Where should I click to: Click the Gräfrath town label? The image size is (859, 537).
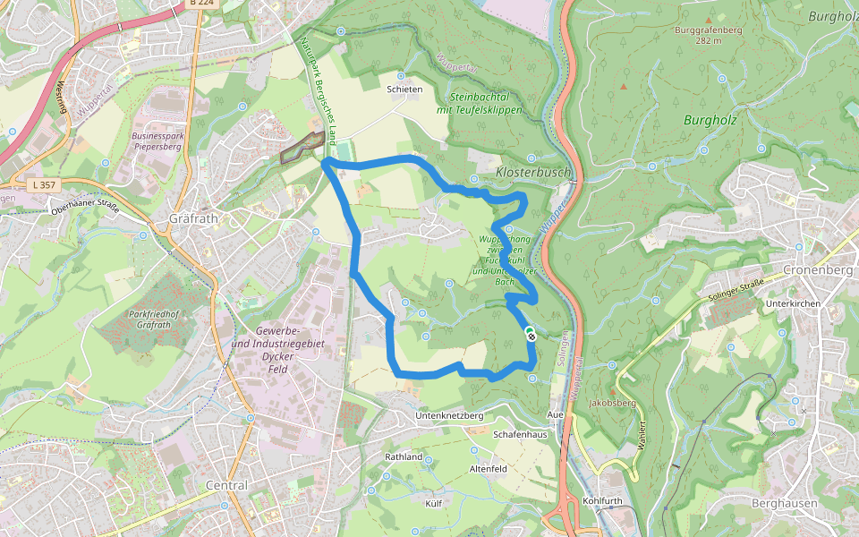pos(187,218)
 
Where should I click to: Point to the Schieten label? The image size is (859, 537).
pos(404,89)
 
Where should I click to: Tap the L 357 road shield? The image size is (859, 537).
pos(41,184)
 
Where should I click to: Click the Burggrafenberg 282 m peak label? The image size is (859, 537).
pos(709,35)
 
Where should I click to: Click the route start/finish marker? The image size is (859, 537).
pos(531,336)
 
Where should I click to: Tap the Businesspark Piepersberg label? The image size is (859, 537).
pos(157,142)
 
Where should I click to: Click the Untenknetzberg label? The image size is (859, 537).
pos(450,416)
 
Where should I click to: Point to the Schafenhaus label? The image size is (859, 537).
pos(520,433)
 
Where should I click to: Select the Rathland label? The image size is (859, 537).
pos(404,456)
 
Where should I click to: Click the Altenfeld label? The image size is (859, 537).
pos(489,468)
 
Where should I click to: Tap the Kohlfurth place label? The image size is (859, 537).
pos(601,500)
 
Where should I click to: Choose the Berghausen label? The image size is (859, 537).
pos(785,503)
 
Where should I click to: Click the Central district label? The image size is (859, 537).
pos(226,485)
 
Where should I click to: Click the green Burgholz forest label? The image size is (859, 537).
pos(710,119)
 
